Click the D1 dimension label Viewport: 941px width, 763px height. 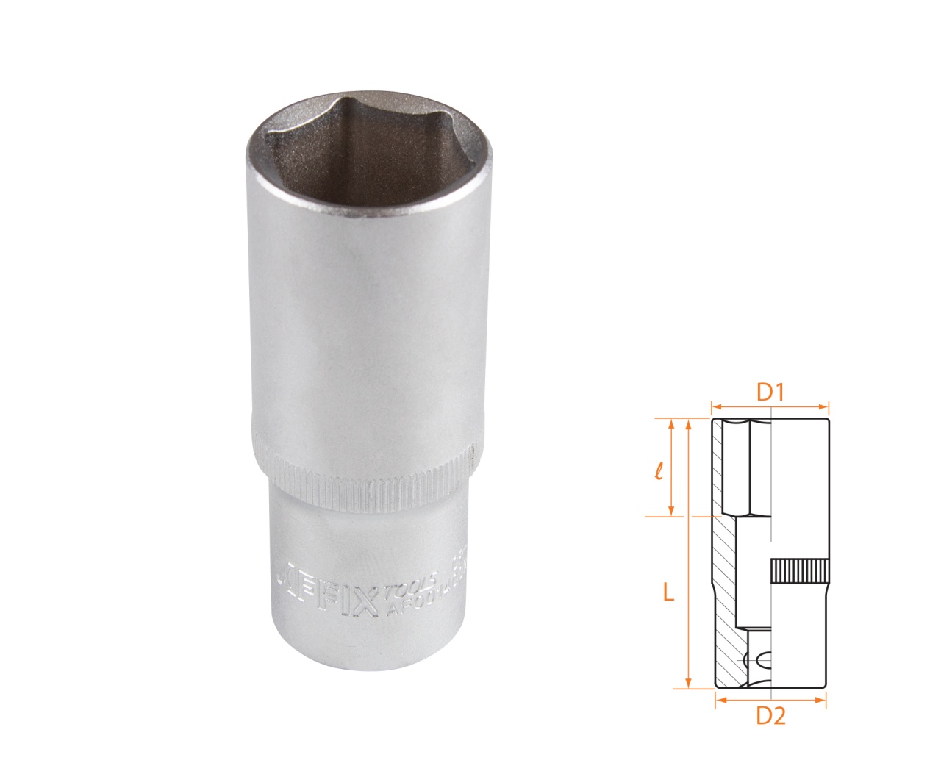pyautogui.click(x=770, y=394)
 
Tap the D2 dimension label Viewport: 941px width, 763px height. pyautogui.click(x=771, y=714)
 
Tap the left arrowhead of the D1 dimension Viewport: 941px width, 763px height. pyautogui.click(x=715, y=405)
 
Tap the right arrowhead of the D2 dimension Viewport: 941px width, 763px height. pyautogui.click(x=824, y=701)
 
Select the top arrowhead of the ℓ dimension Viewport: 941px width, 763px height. pyautogui.click(x=670, y=423)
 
